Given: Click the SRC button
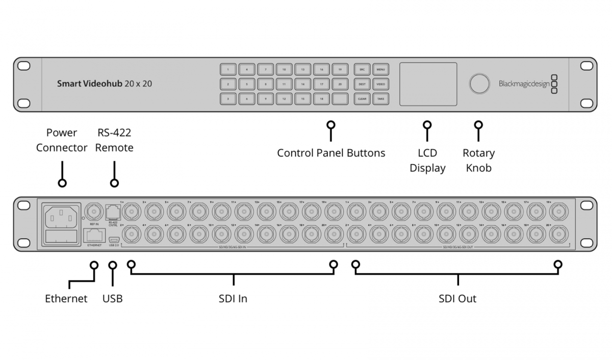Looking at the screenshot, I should coord(362,69).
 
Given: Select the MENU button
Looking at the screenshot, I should coord(380,69).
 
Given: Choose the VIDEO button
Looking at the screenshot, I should coord(380,84).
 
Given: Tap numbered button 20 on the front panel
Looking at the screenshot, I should coord(340,84).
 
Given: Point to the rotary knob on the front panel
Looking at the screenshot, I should coord(479,84).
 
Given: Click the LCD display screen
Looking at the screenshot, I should coord(428,84).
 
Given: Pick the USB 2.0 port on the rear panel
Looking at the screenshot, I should coord(113,239).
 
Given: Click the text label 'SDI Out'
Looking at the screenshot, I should coord(457,298).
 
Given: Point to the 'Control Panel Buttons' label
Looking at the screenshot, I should coord(331,152).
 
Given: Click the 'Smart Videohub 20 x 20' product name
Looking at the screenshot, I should coord(104,84).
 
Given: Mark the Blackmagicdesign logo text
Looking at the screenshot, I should coord(524,84).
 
